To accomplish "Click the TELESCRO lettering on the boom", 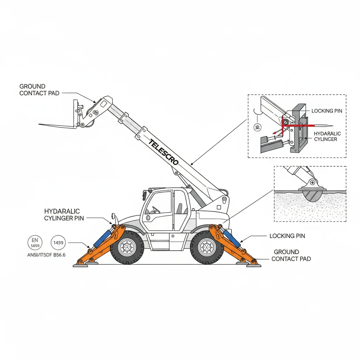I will pyautogui.click(x=163, y=152).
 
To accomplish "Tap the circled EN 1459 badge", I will pyautogui.click(x=35, y=243).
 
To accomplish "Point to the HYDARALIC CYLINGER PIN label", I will pyautogui.click(x=62, y=215).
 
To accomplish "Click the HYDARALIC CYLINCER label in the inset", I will pyautogui.click(x=327, y=136).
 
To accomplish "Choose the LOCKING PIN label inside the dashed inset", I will pyautogui.click(x=327, y=111).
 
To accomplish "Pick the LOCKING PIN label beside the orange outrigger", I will pyautogui.click(x=287, y=236).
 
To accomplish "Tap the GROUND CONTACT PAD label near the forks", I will pyautogui.click(x=39, y=90).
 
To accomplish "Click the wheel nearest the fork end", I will pyautogui.click(x=127, y=247).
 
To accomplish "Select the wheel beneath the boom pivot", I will pyautogui.click(x=207, y=247).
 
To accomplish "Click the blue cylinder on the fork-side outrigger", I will pyautogui.click(x=102, y=239).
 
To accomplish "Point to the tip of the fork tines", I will pyautogui.click(x=40, y=124).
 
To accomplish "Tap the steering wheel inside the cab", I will pyautogui.click(x=155, y=210).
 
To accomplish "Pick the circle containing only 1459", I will pyautogui.click(x=58, y=243).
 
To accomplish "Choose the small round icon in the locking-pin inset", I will pyautogui.click(x=257, y=127).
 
